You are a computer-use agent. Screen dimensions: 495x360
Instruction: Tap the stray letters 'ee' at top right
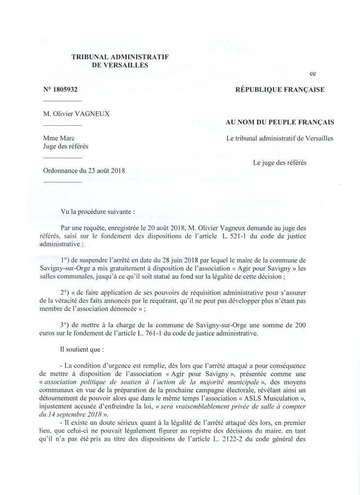(312, 73)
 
